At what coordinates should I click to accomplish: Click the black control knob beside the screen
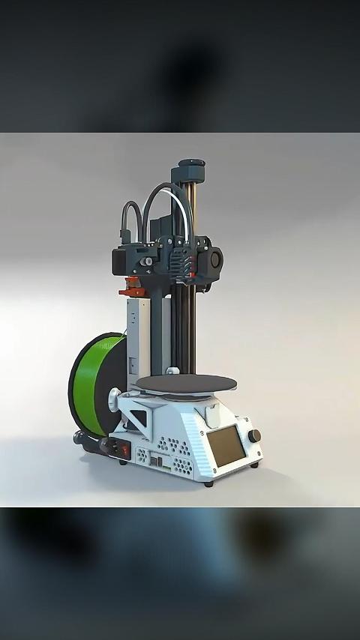(x=255, y=435)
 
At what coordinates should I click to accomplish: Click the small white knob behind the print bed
(x=172, y=370)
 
